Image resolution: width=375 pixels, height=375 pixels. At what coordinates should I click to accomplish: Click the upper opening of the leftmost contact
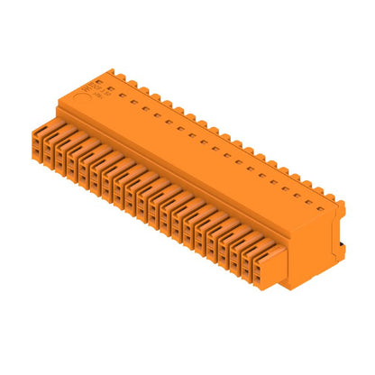click(x=37, y=142)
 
